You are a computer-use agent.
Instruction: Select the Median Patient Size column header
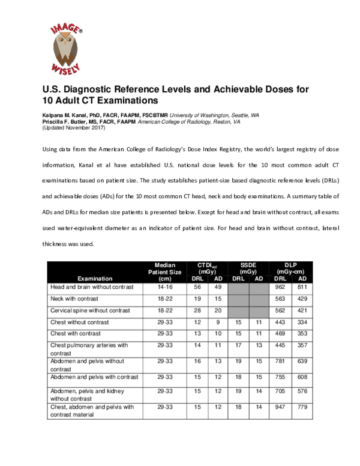[164, 271]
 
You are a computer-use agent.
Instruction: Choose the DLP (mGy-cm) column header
[290, 268]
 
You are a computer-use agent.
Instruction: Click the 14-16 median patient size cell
[164, 288]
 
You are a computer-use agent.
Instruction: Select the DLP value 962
[279, 288]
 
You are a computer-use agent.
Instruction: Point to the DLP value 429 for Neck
[302, 300]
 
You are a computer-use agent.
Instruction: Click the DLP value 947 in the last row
[279, 407]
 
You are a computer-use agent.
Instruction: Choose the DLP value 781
[279, 362]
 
